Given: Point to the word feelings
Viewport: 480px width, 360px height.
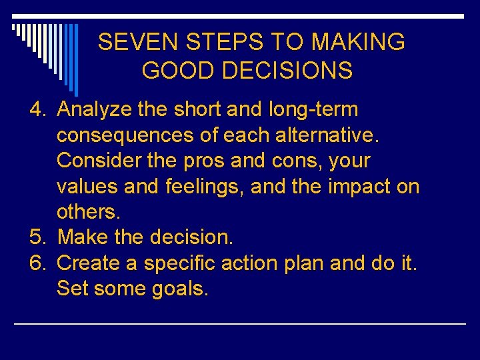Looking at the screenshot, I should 205,187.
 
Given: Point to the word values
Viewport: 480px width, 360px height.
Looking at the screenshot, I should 87,187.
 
